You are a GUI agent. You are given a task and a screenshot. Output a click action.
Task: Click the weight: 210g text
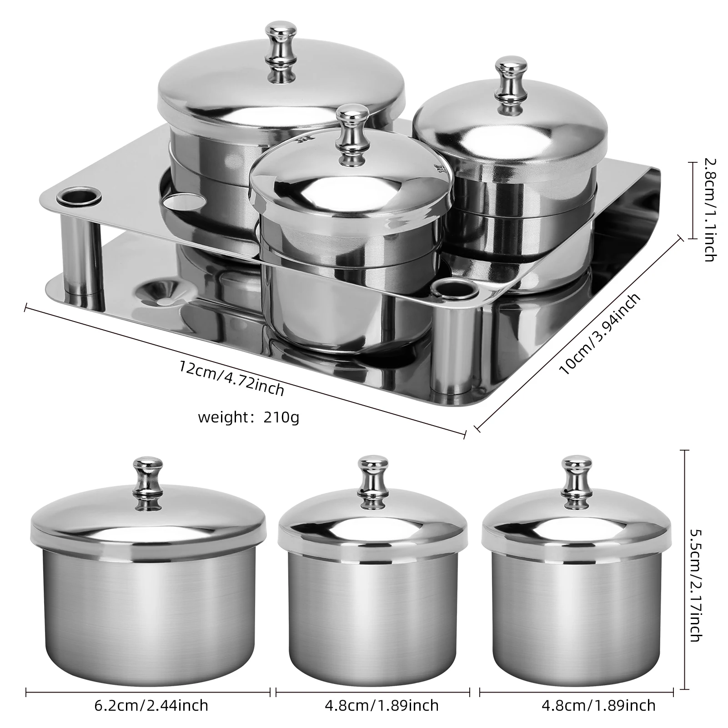(248, 417)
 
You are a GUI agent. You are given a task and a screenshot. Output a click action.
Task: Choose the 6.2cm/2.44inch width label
(151, 705)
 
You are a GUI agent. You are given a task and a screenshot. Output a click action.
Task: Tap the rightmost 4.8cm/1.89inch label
(598, 705)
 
